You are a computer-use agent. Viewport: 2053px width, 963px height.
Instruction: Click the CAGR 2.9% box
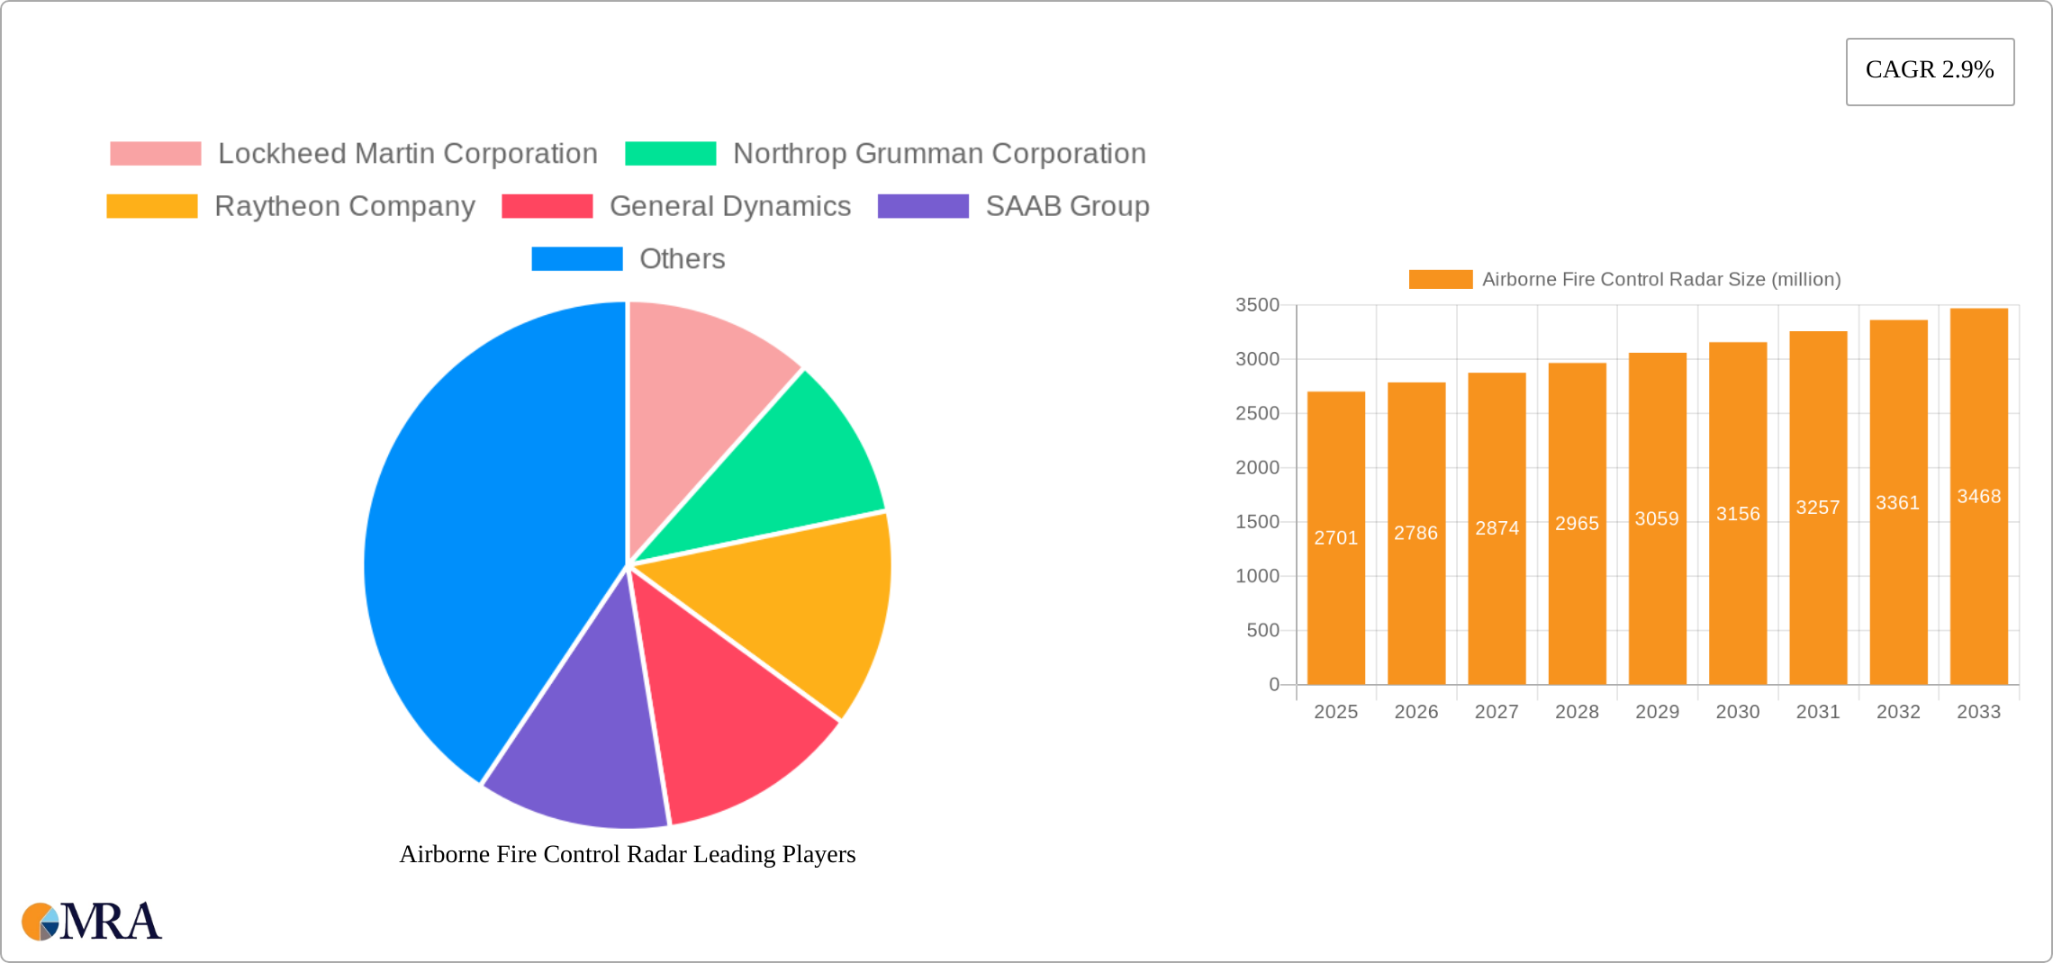point(1929,71)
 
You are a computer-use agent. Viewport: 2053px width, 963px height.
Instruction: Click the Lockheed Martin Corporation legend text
point(407,154)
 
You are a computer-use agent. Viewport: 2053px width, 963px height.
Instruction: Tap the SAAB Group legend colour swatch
point(923,206)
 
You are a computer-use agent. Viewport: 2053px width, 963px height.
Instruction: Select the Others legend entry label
point(682,259)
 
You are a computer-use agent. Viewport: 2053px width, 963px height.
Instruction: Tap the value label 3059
point(1657,519)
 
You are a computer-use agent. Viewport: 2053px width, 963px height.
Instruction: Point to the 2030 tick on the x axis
point(1737,712)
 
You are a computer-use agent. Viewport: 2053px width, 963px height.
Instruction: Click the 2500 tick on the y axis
point(1257,414)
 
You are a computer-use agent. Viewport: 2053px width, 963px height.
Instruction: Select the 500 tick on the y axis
point(1262,631)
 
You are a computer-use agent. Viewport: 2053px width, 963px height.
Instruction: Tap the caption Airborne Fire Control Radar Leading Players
point(628,854)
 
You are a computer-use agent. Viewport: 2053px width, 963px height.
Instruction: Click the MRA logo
point(92,922)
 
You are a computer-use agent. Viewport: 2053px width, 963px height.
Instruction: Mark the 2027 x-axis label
point(1497,712)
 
